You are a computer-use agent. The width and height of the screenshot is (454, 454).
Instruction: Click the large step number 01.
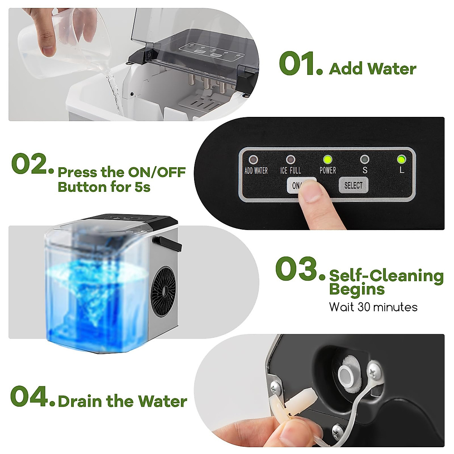pyautogui.click(x=300, y=64)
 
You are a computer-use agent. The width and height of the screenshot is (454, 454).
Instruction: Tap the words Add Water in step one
pyautogui.click(x=373, y=69)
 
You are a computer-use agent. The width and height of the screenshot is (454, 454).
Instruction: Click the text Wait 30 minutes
pyautogui.click(x=373, y=307)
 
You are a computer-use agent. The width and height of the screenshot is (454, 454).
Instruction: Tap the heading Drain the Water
pyautogui.click(x=122, y=401)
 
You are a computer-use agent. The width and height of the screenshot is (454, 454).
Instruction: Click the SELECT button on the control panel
pyautogui.click(x=353, y=185)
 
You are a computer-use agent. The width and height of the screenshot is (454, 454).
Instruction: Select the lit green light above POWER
pyautogui.click(x=327, y=159)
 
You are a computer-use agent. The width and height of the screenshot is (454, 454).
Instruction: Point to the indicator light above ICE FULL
pyautogui.click(x=291, y=159)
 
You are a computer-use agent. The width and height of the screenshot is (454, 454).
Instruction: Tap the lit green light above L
pyautogui.click(x=401, y=159)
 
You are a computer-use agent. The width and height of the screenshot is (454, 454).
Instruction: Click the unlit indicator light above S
pyautogui.click(x=364, y=159)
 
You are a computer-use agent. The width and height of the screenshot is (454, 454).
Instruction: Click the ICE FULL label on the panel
pyautogui.click(x=291, y=171)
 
